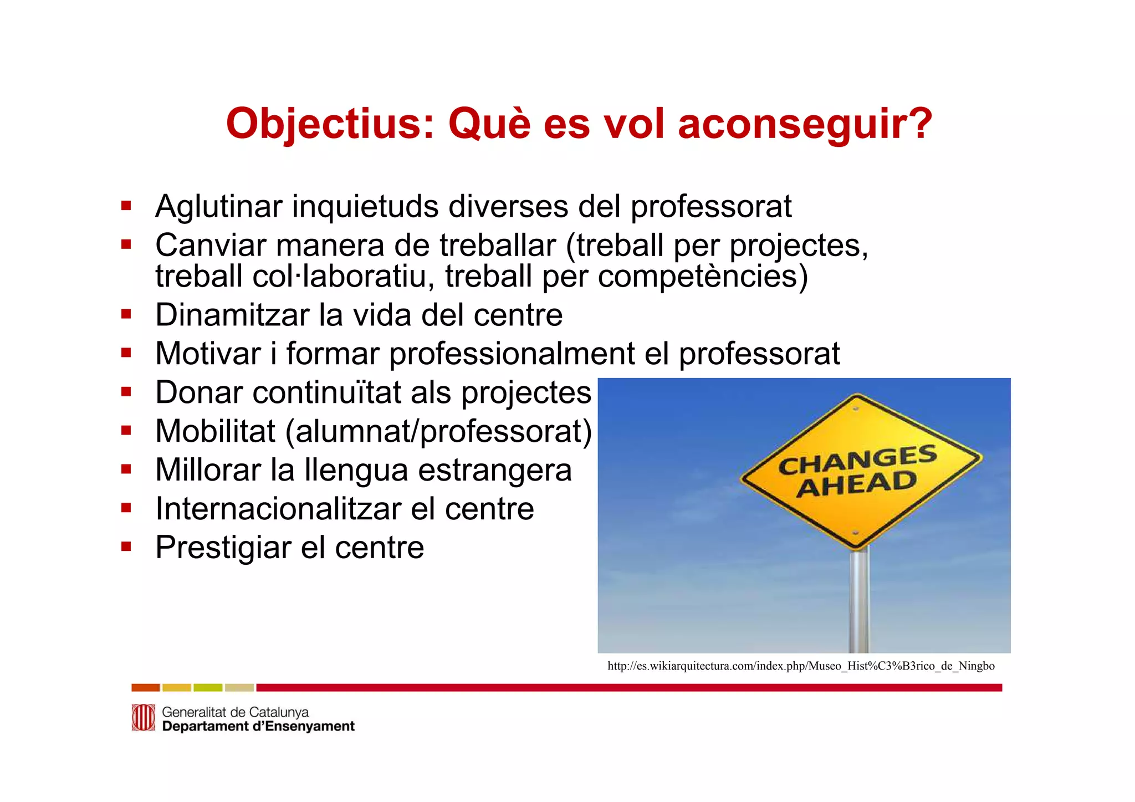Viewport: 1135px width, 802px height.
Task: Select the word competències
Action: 703,276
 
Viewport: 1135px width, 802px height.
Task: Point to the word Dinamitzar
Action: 232,315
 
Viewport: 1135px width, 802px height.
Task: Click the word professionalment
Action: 512,354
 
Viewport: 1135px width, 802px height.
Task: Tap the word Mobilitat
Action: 215,431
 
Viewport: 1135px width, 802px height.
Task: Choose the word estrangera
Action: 494,470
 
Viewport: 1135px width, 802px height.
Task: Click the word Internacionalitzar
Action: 278,509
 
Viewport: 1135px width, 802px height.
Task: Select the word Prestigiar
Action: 223,548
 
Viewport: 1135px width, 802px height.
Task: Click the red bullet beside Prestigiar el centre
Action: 126,546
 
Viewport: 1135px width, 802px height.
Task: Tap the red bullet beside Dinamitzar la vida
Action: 126,314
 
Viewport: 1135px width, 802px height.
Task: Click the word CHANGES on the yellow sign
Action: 857,459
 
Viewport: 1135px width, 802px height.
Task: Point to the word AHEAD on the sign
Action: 856,484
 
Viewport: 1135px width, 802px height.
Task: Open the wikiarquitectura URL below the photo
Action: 801,666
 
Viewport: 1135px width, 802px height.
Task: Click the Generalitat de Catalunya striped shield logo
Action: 143,718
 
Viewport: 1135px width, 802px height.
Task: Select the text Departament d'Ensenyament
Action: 258,727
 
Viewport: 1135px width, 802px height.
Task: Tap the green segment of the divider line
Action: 208,688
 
